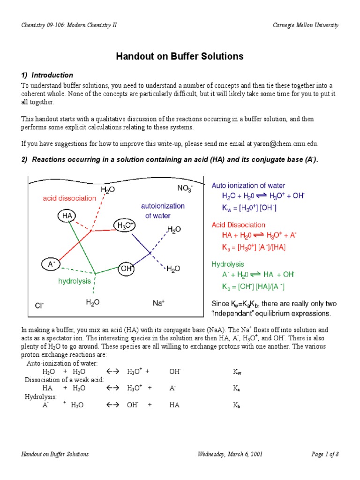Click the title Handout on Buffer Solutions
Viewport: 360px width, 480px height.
(180, 57)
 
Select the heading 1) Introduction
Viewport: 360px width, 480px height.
(47, 75)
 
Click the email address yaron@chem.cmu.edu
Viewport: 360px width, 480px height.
(287, 143)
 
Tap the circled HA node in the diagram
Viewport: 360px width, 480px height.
(65, 216)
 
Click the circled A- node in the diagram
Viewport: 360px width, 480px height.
(51, 264)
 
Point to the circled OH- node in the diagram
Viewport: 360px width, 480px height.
(127, 269)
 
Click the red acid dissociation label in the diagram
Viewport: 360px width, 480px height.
(69, 198)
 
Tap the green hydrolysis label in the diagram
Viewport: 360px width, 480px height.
(74, 281)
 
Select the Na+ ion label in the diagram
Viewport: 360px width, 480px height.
(157, 303)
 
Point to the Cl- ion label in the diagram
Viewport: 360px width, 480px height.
(39, 306)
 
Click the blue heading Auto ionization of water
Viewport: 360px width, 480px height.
(248, 186)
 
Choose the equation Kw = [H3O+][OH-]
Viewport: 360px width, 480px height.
(249, 208)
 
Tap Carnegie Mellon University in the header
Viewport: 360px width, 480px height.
(306, 25)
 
